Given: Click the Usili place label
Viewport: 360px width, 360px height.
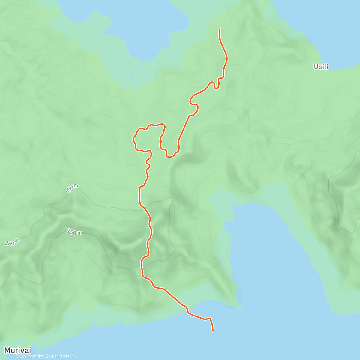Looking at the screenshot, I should tap(321, 67).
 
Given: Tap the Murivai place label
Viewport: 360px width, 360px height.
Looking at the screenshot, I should tap(17, 350).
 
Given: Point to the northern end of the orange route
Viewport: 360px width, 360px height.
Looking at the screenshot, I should tap(220, 29).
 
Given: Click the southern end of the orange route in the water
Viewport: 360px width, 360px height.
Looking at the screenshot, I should tap(213, 331).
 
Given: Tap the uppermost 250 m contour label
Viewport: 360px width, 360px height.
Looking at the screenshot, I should tap(72, 189).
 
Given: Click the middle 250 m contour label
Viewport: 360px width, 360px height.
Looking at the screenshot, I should tap(74, 232).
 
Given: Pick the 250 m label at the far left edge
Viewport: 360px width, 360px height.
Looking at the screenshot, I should tap(12, 242).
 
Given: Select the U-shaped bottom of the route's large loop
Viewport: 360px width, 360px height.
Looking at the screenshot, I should tap(170, 156).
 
